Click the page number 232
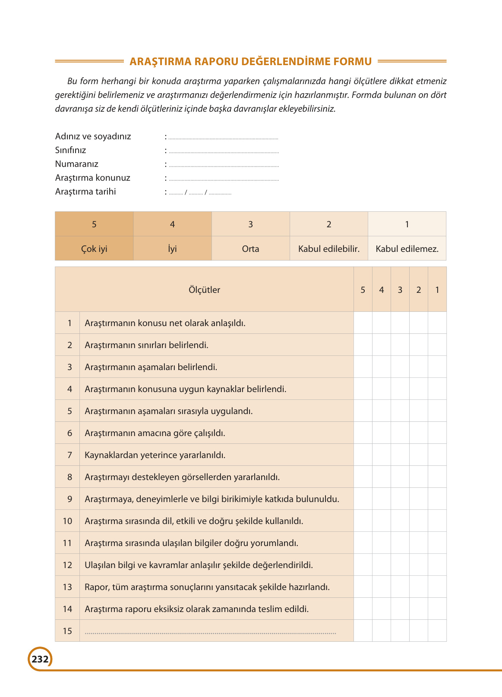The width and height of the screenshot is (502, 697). (x=40, y=659)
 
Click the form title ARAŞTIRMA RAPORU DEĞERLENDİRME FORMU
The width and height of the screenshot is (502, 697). (x=250, y=61)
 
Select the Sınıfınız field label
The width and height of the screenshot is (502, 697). (x=71, y=150)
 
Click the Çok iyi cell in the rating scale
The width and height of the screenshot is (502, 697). (x=94, y=249)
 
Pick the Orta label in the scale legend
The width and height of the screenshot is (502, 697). (x=250, y=249)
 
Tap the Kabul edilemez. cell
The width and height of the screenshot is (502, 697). (x=407, y=249)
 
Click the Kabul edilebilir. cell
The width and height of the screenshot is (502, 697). (x=328, y=249)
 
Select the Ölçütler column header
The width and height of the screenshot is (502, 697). (x=204, y=290)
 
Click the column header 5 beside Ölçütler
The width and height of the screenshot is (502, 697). (x=363, y=290)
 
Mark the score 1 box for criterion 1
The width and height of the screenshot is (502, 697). (x=437, y=323)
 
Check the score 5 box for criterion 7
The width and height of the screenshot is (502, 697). (x=363, y=455)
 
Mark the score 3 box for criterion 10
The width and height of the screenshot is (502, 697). (x=400, y=521)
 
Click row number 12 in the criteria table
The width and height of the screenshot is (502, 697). (x=67, y=565)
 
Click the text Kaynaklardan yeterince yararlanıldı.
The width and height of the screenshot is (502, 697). (x=155, y=455)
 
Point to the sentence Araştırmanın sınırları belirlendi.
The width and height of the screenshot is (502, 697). (x=146, y=345)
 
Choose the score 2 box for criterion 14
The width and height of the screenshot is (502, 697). (x=418, y=609)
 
